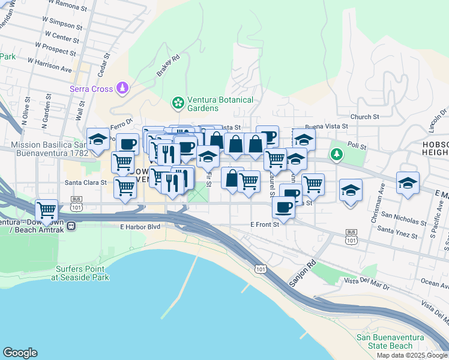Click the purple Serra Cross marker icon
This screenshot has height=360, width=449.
123,89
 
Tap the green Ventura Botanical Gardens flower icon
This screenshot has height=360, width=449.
178,103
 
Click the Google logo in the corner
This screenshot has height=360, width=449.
20,353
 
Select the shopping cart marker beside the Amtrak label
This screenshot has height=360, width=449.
47,210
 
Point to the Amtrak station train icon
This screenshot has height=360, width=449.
71,226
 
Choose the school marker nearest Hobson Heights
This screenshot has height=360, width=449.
408,183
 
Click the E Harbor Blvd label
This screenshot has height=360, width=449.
140,227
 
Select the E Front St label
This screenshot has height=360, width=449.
265,224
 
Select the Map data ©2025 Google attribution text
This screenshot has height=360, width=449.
412,355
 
